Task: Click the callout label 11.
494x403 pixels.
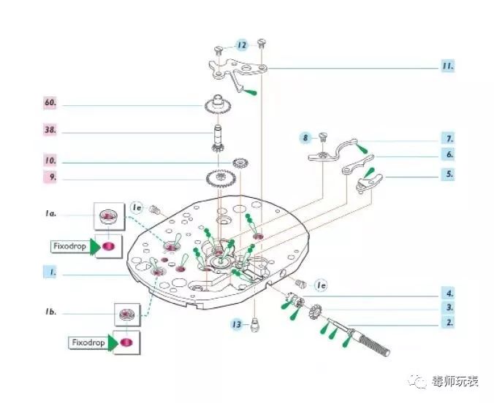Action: coord(447,66)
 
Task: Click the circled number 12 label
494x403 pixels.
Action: coord(242,45)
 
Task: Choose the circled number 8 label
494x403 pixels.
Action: coord(306,137)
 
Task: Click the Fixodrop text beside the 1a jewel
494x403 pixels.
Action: coord(68,246)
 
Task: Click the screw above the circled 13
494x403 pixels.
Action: coord(254,321)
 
